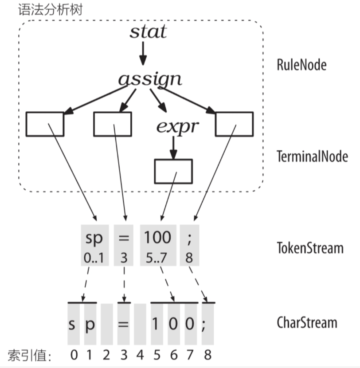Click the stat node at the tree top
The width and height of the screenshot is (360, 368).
[148, 32]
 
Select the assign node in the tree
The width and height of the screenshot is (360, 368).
[150, 79]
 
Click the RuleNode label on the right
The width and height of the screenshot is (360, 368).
[301, 65]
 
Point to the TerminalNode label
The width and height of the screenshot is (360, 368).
[312, 157]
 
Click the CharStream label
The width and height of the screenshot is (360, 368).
[306, 322]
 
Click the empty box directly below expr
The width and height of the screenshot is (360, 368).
[173, 171]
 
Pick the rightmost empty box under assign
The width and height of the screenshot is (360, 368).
[234, 124]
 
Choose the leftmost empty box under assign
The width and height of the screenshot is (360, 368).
[45, 124]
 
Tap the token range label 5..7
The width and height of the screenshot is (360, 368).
[157, 258]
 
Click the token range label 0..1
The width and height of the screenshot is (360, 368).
[94, 258]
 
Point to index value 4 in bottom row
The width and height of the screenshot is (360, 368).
[140, 355]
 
